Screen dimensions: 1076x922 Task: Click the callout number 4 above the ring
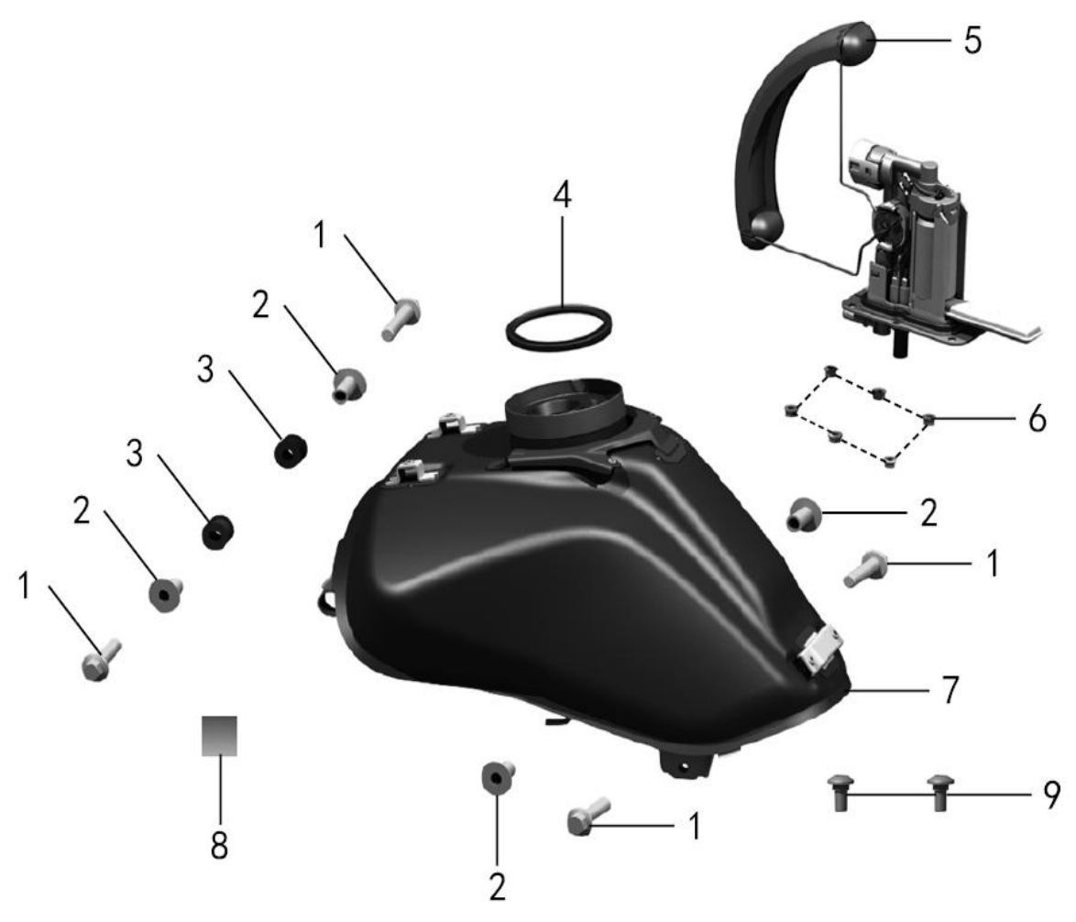click(562, 195)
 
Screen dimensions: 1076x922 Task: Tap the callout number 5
click(972, 40)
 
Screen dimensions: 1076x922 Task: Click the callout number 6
click(1037, 418)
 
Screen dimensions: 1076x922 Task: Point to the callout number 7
click(950, 689)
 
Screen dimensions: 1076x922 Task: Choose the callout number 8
click(219, 844)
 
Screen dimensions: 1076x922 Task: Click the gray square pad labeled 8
click(220, 736)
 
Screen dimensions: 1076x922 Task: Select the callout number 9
click(1052, 795)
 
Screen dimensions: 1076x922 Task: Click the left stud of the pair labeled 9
click(840, 793)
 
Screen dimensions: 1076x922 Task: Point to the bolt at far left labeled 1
click(101, 659)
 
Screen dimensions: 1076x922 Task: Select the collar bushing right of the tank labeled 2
click(802, 514)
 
